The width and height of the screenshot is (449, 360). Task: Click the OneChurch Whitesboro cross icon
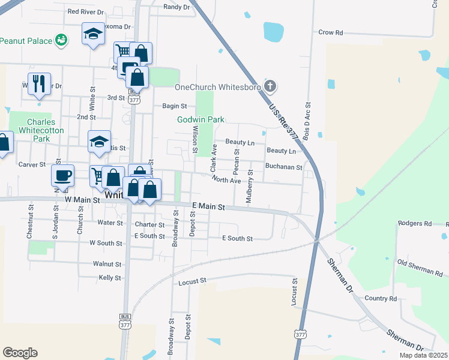pos(270,86)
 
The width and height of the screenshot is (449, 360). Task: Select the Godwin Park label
pos(200,119)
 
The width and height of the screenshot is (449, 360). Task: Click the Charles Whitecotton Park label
pos(41,130)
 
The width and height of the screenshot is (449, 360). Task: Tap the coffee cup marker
pos(62,175)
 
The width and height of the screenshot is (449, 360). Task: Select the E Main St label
pos(208,206)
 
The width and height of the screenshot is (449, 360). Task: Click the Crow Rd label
pos(330,32)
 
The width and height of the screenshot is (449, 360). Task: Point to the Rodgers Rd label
pos(415,223)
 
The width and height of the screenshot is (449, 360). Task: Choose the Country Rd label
pos(381,298)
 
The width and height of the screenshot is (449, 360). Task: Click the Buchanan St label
pos(283,167)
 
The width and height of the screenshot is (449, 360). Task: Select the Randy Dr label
pos(176,7)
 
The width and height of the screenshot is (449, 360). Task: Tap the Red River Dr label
pos(86,11)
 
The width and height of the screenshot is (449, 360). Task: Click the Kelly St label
pos(110,278)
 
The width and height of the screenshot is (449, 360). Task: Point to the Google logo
pos(20,353)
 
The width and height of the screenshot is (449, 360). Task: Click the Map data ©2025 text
pos(423,355)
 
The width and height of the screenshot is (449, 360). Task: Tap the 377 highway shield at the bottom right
pos(300,334)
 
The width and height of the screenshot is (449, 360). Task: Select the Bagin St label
pos(175,106)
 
